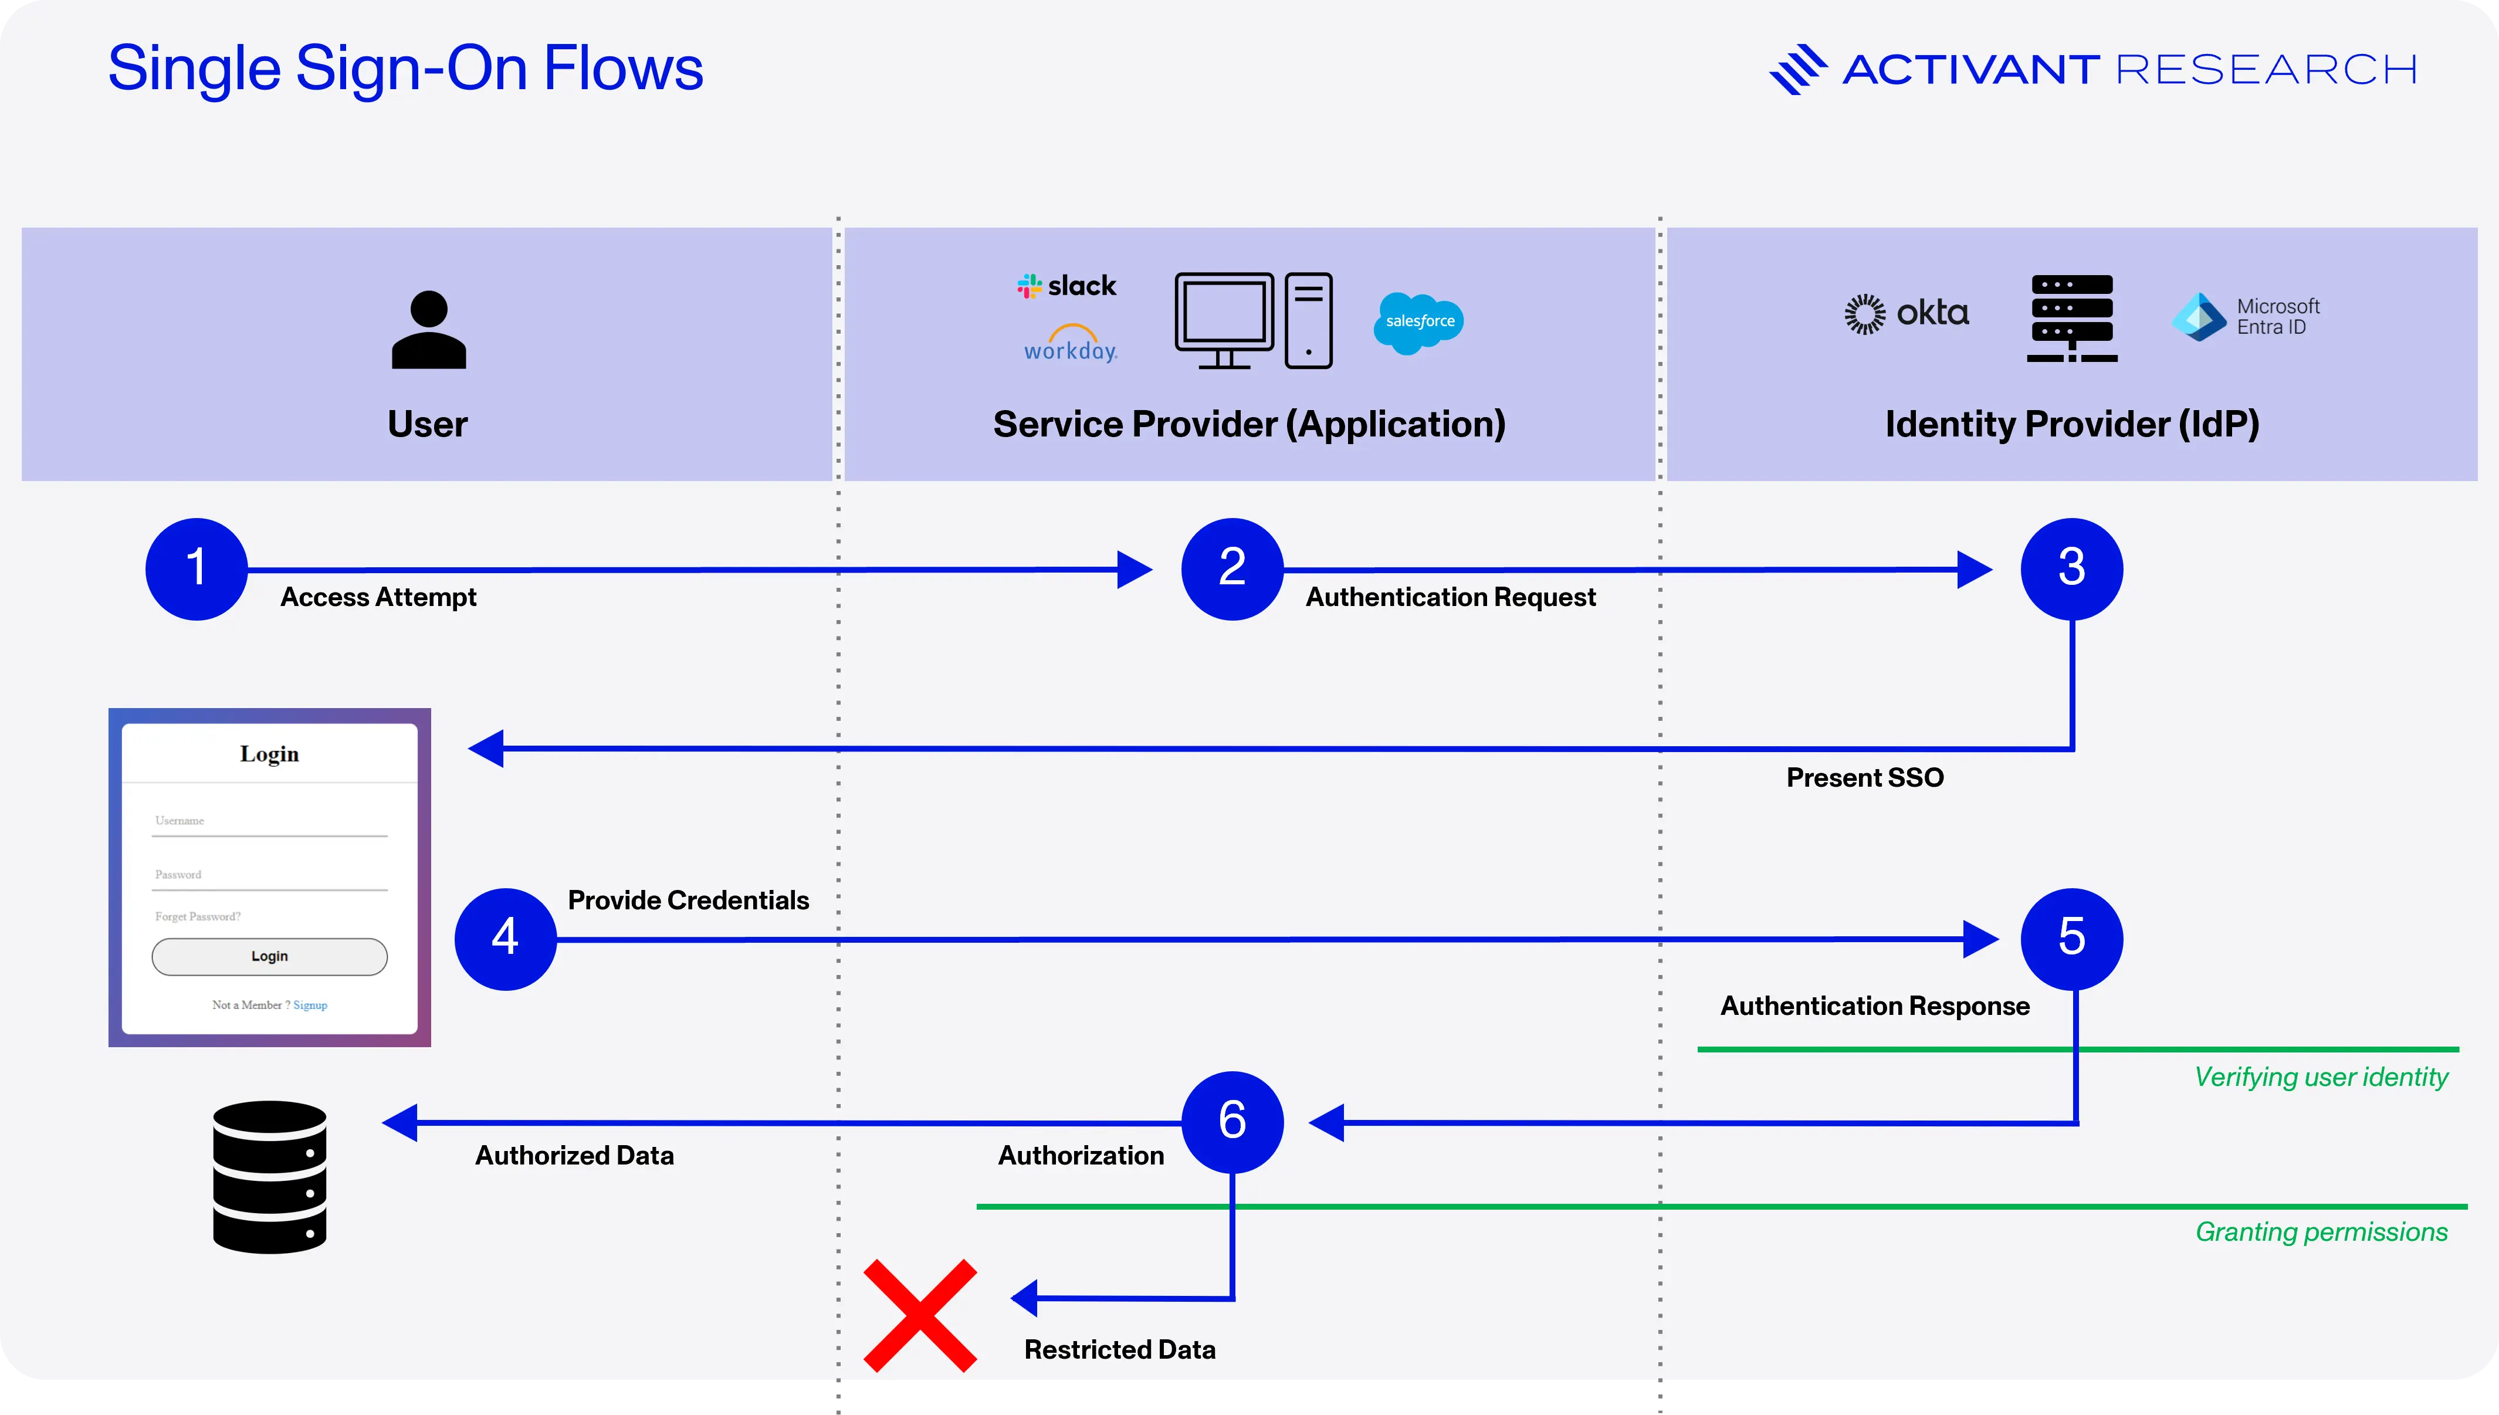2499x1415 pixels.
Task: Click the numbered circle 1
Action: tap(197, 568)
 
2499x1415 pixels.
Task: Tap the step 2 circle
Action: tap(1232, 568)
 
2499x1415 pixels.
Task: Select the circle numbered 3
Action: tap(2071, 568)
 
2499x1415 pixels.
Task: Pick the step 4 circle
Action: tap(505, 939)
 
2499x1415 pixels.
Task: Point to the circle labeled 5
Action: tap(2071, 939)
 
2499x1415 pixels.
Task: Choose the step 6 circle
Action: tap(1232, 1122)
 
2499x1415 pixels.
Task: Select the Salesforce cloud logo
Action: tap(1418, 321)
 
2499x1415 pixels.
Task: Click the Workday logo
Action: tap(1071, 343)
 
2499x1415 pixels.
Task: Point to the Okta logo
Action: tap(1907, 313)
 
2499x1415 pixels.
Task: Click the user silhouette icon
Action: tap(428, 330)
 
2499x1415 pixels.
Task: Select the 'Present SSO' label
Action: tap(1864, 777)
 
